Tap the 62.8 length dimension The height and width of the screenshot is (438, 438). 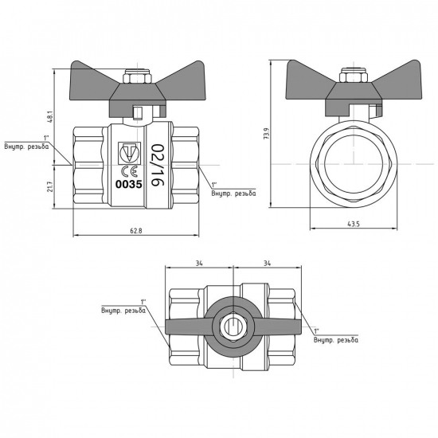pos(135,231)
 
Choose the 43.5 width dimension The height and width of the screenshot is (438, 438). pos(353,225)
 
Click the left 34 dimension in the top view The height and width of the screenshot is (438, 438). pos(200,264)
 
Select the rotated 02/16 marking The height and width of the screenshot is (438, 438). pos(156,166)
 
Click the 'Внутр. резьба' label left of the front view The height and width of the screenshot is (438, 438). pos(26,147)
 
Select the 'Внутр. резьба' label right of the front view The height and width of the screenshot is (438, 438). pos(233,193)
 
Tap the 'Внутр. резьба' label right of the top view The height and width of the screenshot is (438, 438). pos(336,341)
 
